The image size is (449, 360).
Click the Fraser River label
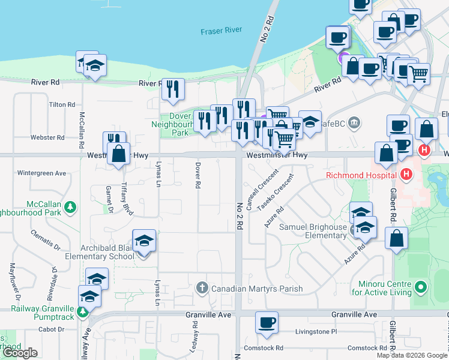coord(221,31)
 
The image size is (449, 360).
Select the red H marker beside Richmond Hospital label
coord(406,175)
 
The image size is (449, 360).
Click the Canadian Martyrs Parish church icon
coord(202,289)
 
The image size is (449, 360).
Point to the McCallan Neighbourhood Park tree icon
coord(71,207)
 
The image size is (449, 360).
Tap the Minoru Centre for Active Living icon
coord(421,287)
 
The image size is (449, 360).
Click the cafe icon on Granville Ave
coord(267,322)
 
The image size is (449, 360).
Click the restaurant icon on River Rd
coord(173,89)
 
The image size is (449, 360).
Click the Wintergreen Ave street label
coord(41,173)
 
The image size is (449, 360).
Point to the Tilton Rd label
coord(61,104)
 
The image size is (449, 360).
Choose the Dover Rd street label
coord(196,175)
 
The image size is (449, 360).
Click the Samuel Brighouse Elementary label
coord(313,232)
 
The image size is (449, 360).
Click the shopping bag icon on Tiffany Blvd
coord(119,154)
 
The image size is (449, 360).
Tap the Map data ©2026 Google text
coord(411,355)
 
